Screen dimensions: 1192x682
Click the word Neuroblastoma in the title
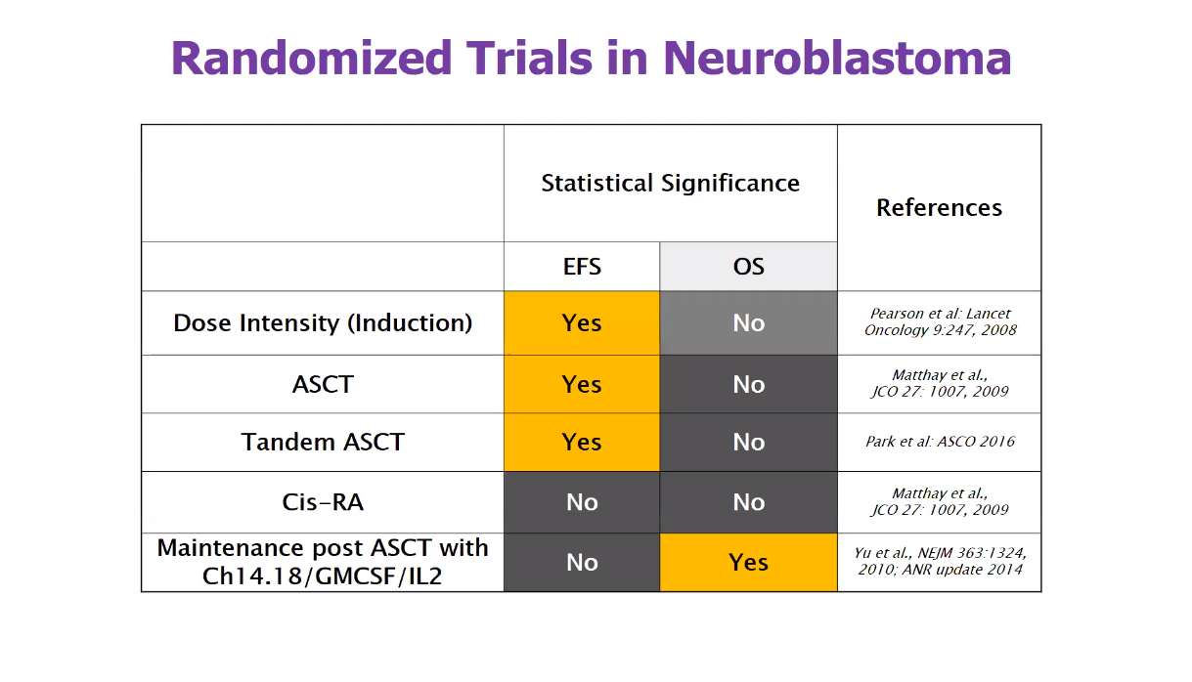pos(837,58)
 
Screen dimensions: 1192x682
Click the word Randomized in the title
pos(312,58)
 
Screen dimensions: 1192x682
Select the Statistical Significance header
pos(671,184)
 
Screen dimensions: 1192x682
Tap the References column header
pos(940,207)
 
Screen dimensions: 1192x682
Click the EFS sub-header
pos(582,267)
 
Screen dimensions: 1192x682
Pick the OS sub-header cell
pos(748,267)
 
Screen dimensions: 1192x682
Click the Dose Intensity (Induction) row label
pos(323,323)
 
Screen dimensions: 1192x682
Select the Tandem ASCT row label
pos(323,442)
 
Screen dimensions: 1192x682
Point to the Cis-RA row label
pos(323,502)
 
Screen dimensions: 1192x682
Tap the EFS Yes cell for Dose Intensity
pos(582,322)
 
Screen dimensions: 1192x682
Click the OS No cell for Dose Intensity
pos(748,322)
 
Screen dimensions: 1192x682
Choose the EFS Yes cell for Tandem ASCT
pos(582,442)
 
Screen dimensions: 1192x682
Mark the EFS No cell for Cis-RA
pos(582,502)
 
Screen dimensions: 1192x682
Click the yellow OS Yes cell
pos(748,563)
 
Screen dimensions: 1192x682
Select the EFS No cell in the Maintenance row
pos(582,563)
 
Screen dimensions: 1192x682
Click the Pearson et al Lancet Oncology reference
pos(941,321)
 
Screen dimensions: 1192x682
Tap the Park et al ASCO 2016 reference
pos(941,442)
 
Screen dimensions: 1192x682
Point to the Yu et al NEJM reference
pos(941,561)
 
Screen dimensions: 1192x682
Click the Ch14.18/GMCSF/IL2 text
pos(323,576)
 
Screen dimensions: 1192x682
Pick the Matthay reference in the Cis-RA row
pos(941,501)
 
